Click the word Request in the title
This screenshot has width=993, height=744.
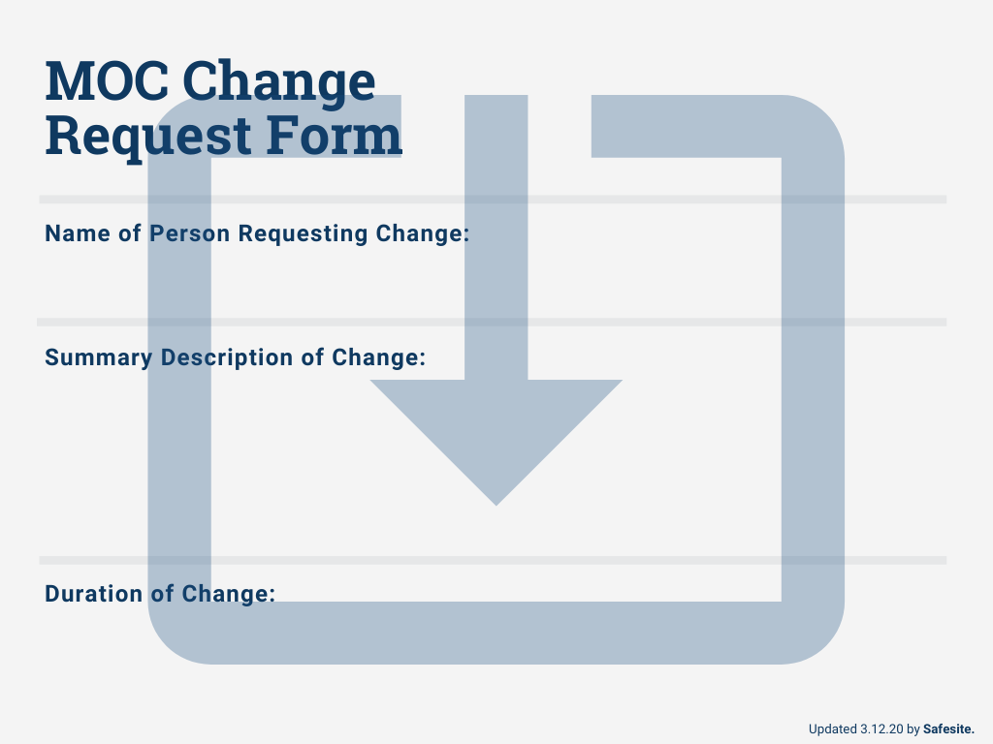(134, 135)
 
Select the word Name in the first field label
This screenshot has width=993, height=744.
(71, 233)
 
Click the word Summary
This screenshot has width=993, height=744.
(98, 357)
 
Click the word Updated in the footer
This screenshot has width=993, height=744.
(832, 728)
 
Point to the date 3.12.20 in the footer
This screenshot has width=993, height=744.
(881, 728)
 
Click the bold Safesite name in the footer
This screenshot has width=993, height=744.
(948, 728)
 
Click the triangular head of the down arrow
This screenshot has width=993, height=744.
(496, 426)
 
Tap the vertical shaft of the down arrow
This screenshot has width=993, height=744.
(496, 242)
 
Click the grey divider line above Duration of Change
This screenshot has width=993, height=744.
(493, 560)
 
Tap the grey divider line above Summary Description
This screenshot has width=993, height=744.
(493, 322)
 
